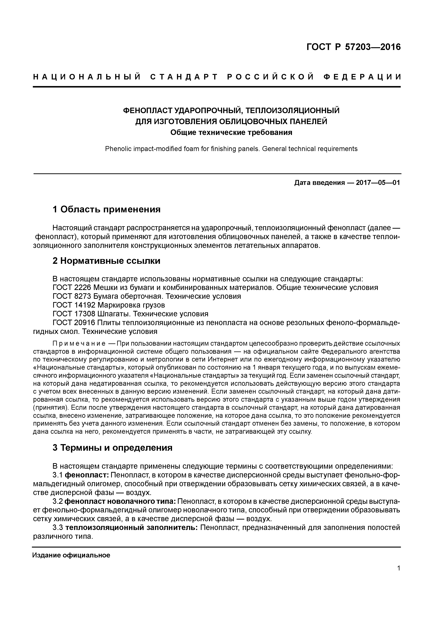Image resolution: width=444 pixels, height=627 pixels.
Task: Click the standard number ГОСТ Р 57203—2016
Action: point(353,47)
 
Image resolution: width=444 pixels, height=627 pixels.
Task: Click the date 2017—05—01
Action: point(378,183)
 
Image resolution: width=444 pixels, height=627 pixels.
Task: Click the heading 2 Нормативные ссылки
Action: point(106,261)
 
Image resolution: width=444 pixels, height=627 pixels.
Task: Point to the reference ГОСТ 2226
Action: point(72,288)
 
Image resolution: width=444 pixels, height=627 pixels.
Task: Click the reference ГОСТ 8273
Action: point(72,296)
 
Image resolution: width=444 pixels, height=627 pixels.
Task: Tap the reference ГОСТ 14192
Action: point(74,305)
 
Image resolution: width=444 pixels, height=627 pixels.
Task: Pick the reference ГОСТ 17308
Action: point(74,314)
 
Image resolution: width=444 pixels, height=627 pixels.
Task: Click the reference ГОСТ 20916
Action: point(74,323)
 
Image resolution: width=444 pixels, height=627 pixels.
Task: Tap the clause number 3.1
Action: point(58,475)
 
